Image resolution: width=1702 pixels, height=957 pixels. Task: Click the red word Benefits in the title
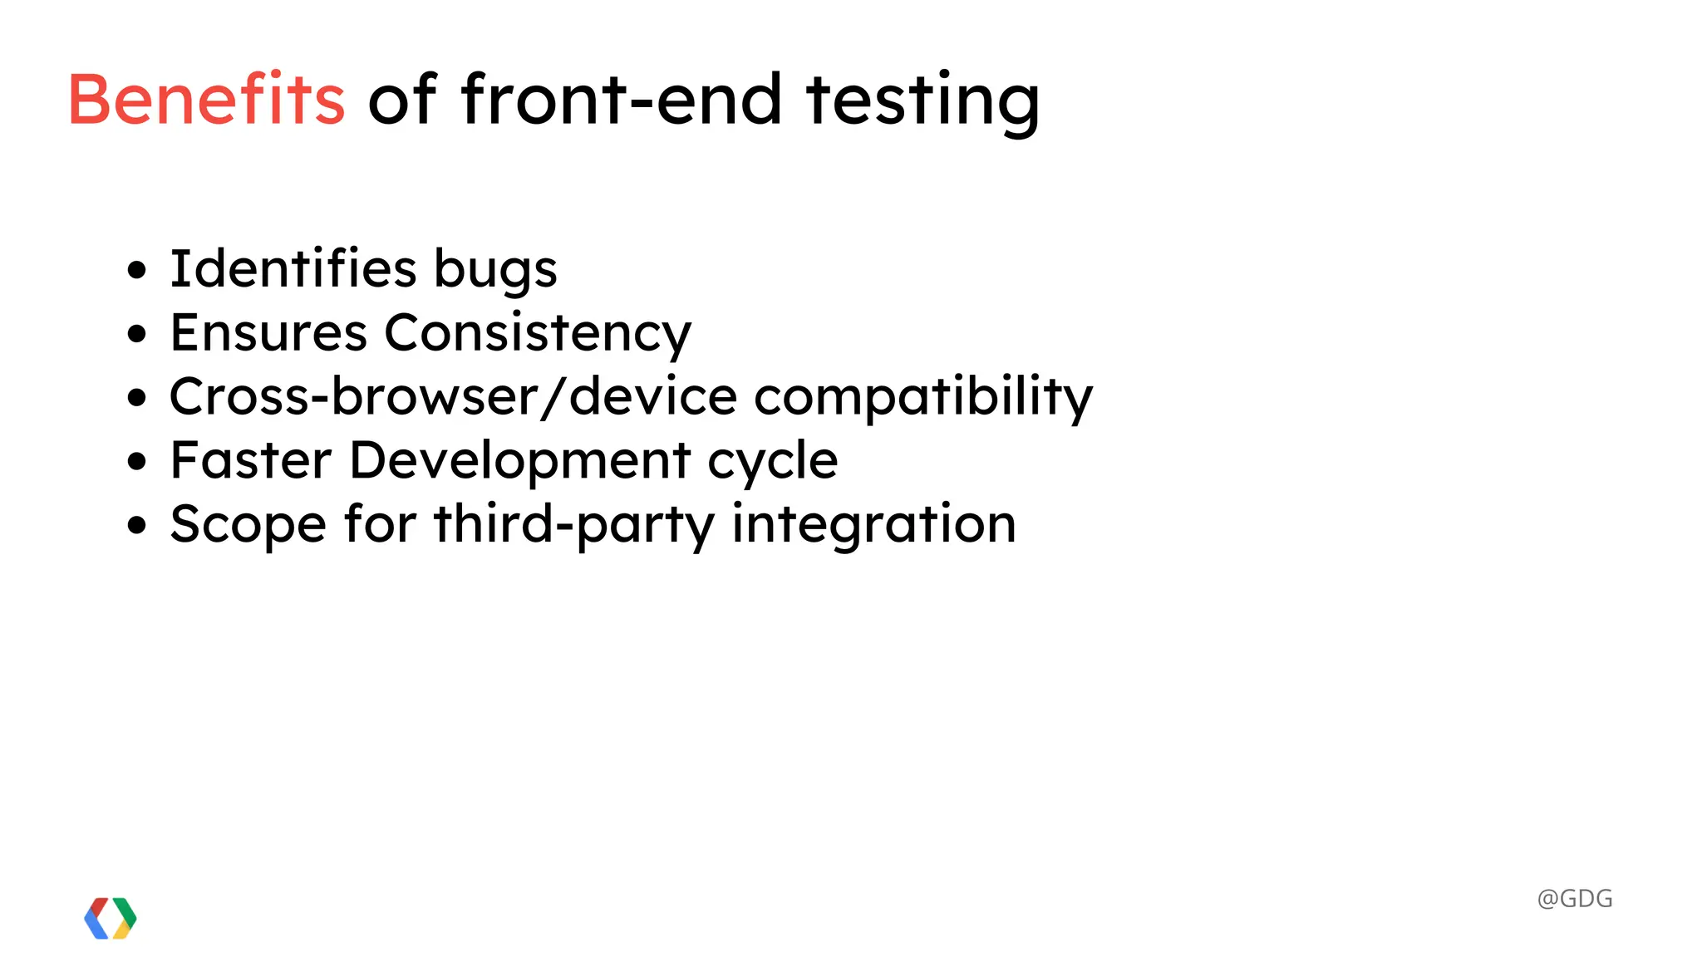(x=206, y=100)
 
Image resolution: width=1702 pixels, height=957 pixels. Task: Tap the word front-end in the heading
(x=621, y=100)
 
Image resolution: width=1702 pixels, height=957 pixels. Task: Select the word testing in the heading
(x=922, y=101)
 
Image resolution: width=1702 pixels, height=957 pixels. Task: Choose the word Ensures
(x=268, y=332)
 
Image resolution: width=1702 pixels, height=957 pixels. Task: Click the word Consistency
(x=538, y=334)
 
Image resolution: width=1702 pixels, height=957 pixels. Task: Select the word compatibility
(x=923, y=397)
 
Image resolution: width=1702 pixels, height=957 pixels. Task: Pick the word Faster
(x=251, y=459)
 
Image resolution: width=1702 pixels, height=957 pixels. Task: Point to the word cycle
(x=772, y=461)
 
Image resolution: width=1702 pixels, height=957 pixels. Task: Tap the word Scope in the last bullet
(x=248, y=524)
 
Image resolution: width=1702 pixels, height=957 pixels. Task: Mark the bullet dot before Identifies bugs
(x=137, y=270)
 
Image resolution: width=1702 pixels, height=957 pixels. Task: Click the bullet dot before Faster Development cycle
(x=137, y=461)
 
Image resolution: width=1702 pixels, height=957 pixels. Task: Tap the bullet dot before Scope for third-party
(x=137, y=525)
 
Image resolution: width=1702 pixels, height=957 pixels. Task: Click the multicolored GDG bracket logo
(x=111, y=918)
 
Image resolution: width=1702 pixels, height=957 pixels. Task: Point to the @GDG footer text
(x=1575, y=899)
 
